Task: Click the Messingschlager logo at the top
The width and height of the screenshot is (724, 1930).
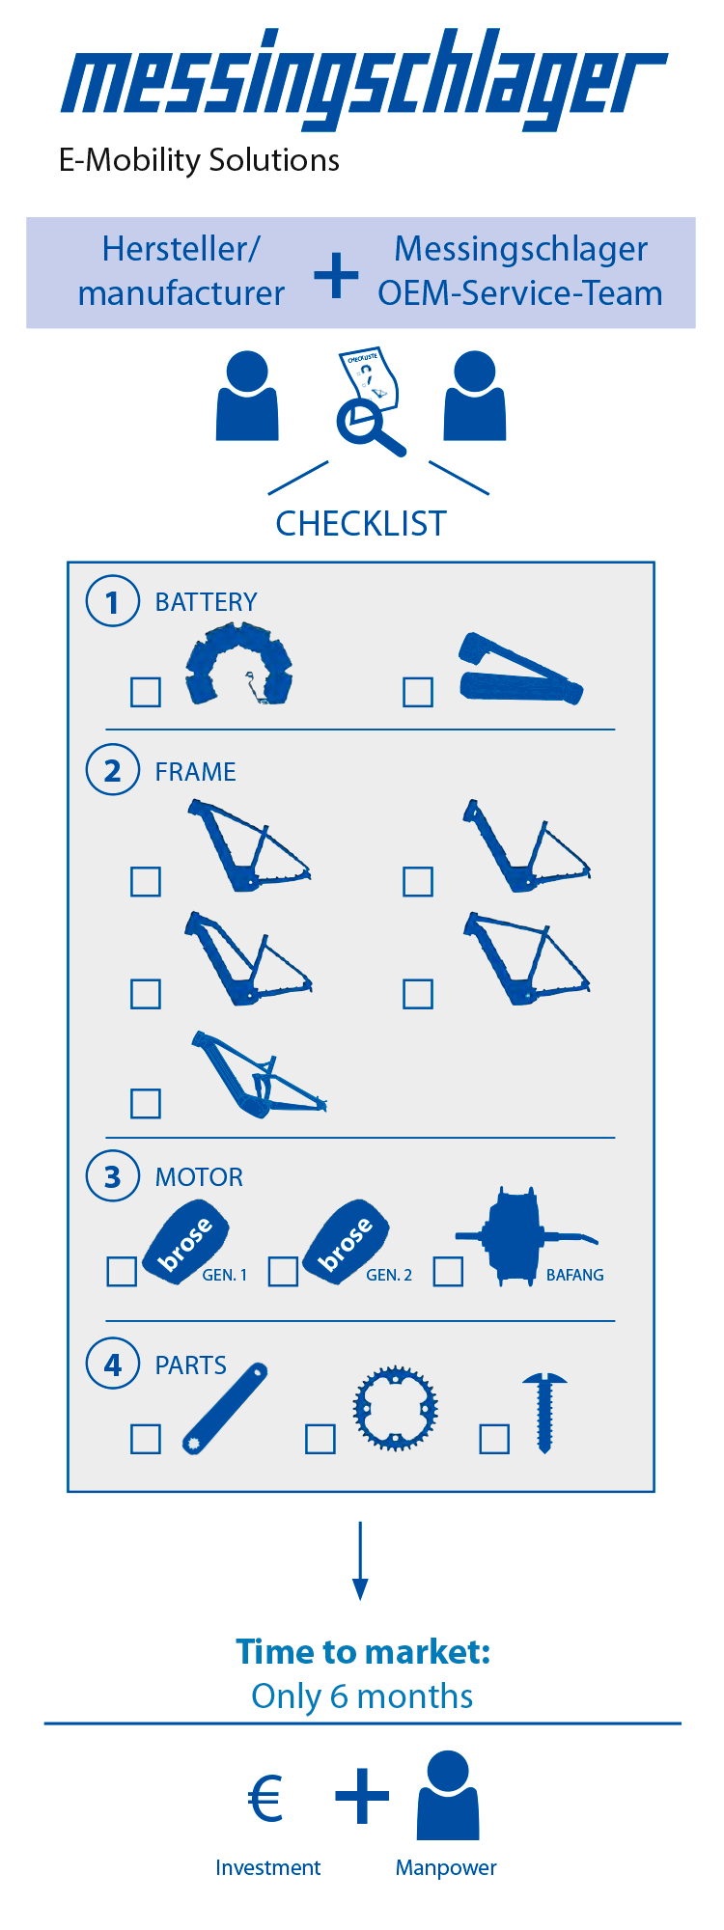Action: point(364,79)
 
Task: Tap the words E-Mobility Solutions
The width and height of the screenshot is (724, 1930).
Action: point(199,160)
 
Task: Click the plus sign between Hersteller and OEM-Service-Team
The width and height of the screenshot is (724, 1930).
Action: point(337,275)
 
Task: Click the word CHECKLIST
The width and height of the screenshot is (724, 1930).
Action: point(361,524)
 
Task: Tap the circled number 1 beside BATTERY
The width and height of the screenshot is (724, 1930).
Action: point(113,601)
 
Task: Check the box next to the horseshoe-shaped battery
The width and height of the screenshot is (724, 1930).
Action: point(146,692)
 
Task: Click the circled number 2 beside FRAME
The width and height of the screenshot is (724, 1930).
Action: point(113,770)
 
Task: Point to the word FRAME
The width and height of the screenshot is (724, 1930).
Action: point(196,772)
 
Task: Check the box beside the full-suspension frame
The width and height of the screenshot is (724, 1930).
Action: point(146,1103)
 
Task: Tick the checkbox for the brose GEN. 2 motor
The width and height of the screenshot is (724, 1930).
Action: point(283,1271)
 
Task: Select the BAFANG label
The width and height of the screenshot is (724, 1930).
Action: point(575,1276)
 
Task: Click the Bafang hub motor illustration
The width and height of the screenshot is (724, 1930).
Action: point(526,1236)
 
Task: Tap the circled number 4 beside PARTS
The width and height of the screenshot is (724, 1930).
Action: point(113,1365)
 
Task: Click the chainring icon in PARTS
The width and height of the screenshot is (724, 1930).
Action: point(395,1408)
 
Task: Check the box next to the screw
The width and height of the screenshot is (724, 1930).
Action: point(494,1439)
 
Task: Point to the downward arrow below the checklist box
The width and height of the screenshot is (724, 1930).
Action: point(360,1560)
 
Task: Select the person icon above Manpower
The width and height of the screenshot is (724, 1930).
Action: point(448,1796)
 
